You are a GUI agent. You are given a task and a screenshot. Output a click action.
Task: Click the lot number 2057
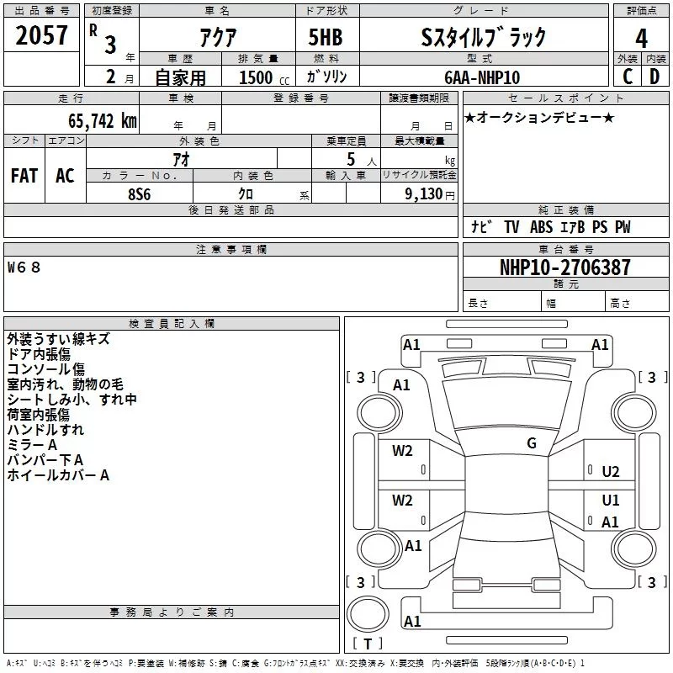point(42,35)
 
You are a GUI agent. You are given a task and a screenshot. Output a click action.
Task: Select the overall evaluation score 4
point(641,38)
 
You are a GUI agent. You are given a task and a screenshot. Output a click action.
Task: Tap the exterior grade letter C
point(627,77)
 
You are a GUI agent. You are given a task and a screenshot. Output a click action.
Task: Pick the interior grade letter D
point(654,77)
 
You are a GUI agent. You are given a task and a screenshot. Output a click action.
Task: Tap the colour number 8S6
point(139,193)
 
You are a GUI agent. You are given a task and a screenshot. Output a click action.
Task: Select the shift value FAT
point(24,175)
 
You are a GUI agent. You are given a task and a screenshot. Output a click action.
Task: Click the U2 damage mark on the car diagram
point(611,472)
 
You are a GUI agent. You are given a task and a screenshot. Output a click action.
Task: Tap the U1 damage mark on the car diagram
point(611,501)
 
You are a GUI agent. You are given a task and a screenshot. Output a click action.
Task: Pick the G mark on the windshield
point(531,443)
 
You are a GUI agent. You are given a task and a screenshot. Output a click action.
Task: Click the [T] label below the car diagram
point(367,644)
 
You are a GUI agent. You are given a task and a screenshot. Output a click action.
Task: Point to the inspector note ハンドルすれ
point(45,430)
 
